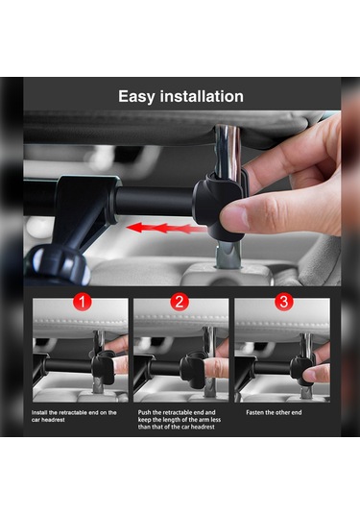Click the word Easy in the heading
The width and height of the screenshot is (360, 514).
point(136,97)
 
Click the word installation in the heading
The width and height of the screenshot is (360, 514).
point(202,96)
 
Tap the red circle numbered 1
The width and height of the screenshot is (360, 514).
point(82,302)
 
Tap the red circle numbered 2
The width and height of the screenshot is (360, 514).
point(180,302)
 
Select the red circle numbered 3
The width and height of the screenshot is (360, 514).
point(283,302)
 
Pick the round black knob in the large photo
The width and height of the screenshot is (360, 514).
point(59,264)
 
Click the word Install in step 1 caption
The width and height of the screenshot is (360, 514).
point(39,413)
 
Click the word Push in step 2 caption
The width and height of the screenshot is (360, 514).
point(144,413)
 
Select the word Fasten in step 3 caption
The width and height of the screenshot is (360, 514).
point(254,413)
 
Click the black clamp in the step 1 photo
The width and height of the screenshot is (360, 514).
point(104,366)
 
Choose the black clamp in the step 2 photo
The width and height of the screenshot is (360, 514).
point(193,370)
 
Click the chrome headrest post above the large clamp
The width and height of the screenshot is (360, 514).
point(228,151)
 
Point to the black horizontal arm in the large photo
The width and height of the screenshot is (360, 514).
point(154,202)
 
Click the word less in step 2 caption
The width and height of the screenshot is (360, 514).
point(215,420)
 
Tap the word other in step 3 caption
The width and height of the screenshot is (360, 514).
point(281,413)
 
